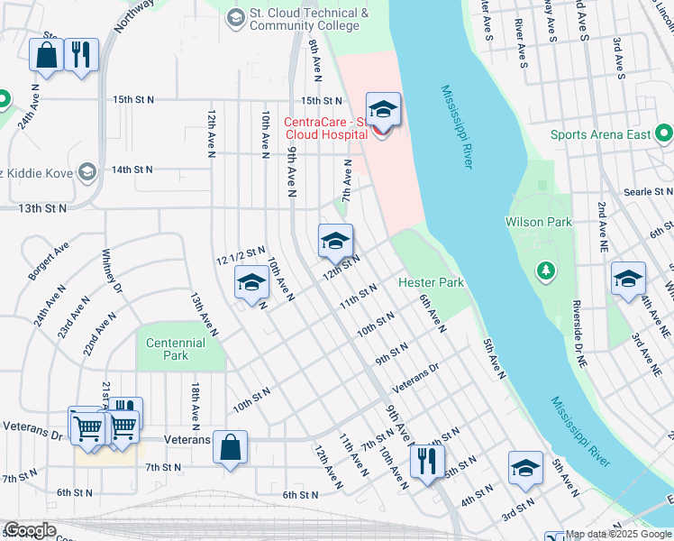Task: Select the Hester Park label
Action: click(x=432, y=282)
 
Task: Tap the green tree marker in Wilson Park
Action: click(x=544, y=269)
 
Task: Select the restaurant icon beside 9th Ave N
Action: click(x=424, y=462)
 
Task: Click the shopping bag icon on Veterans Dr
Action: click(x=231, y=446)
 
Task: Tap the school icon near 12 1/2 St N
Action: click(x=251, y=282)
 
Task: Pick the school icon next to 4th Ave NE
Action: click(x=627, y=278)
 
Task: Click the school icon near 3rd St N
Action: click(x=525, y=468)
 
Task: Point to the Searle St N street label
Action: click(x=649, y=192)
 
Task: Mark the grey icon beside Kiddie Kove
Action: click(x=87, y=170)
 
